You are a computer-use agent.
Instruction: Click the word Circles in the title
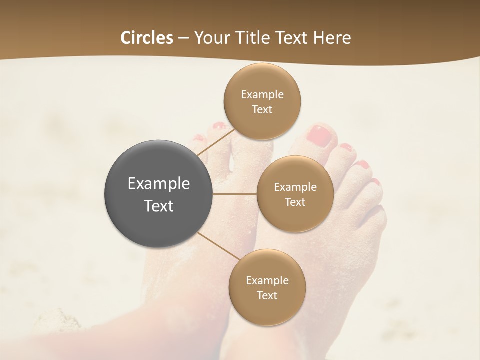click(x=146, y=38)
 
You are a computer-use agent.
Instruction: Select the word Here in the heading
click(x=332, y=38)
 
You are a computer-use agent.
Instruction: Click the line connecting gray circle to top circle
click(x=216, y=142)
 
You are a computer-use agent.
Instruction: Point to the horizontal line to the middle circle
click(x=234, y=194)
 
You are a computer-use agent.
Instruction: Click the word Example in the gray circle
click(x=159, y=184)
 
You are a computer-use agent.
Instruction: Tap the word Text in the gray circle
click(x=159, y=206)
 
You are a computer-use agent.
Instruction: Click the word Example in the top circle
click(x=262, y=95)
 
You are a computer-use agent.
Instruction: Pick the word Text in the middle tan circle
click(x=295, y=202)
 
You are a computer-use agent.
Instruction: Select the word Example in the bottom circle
click(x=267, y=281)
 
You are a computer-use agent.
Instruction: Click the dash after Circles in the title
click(x=183, y=38)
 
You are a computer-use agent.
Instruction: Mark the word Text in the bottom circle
click(x=267, y=296)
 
